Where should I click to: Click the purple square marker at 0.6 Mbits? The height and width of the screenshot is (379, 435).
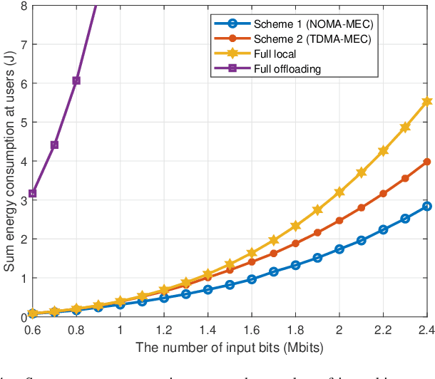point(32,194)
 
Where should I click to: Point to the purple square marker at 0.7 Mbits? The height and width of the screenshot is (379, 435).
point(54,145)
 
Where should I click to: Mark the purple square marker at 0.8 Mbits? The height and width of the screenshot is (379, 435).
point(76,81)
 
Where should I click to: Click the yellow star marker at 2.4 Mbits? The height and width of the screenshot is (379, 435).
point(427,102)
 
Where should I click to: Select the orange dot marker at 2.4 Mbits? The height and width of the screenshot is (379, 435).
point(427,162)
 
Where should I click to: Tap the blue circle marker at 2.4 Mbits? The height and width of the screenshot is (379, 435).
point(427,206)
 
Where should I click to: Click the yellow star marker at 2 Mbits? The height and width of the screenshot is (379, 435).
point(339,192)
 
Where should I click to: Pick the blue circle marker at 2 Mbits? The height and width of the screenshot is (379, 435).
point(339,249)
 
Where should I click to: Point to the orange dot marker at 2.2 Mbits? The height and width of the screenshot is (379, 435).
point(383,194)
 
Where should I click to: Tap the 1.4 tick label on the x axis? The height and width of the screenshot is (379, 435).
point(208,331)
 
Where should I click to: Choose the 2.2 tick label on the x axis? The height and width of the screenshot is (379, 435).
point(383,331)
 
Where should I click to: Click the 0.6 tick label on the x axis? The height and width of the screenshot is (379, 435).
point(32,331)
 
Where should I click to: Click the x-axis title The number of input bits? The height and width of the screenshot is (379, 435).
point(230,347)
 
